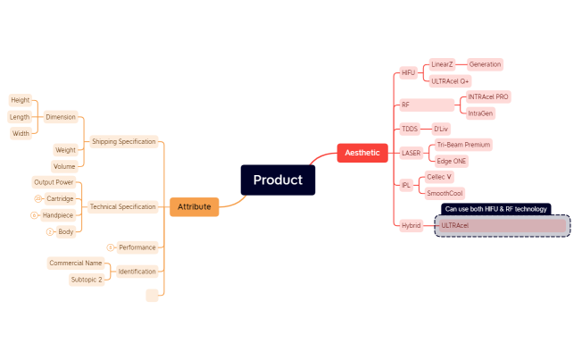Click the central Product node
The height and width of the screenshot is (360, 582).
[278, 180]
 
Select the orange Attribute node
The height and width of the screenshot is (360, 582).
[194, 206]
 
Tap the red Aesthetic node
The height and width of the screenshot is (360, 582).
[362, 153]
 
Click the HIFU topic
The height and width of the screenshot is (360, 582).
[408, 72]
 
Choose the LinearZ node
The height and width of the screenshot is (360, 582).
[442, 64]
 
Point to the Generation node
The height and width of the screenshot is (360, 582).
[485, 64]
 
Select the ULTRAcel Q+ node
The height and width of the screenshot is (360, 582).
[450, 80]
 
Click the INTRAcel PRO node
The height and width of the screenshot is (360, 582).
[488, 96]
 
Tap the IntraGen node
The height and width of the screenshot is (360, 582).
[480, 113]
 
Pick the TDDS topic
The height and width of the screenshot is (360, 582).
[409, 129]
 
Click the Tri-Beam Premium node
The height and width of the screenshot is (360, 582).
[463, 144]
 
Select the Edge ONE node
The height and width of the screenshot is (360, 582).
[451, 161]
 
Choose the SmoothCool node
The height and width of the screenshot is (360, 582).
[445, 193]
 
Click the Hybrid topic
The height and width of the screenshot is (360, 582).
[411, 226]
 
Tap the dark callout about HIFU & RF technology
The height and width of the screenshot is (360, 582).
[495, 209]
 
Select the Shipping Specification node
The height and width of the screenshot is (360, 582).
[124, 141]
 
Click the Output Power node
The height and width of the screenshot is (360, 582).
[54, 182]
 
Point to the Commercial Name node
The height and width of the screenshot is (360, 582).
[75, 264]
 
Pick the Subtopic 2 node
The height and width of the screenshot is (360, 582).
[87, 280]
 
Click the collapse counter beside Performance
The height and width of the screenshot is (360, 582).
[110, 247]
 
